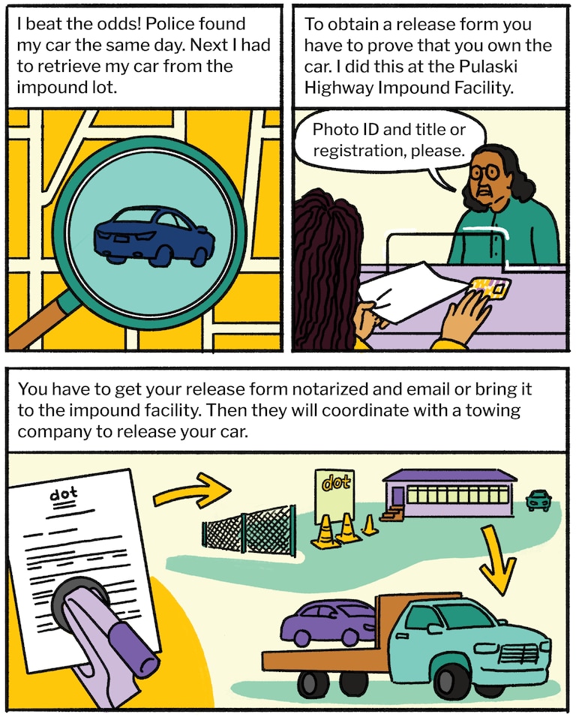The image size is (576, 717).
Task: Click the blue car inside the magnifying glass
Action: tap(154, 235)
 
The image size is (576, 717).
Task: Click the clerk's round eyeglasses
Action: tap(485, 172)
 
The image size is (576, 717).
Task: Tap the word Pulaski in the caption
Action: tap(488, 66)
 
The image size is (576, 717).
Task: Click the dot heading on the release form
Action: tap(64, 494)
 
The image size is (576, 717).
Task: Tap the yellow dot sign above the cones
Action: tap(334, 496)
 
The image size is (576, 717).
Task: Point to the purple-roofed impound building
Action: tap(450, 493)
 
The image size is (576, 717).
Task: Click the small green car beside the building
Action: tap(539, 499)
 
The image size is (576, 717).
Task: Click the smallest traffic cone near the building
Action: tap(369, 526)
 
